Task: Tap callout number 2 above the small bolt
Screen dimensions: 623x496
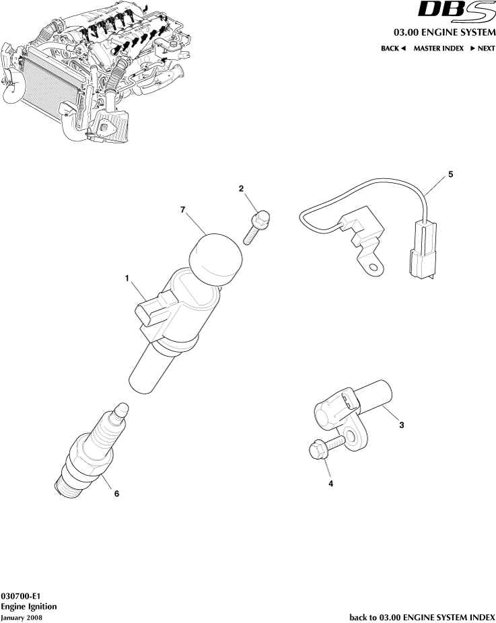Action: (242, 189)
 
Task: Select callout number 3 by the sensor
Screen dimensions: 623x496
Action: (402, 425)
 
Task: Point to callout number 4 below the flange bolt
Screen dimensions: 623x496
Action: (330, 482)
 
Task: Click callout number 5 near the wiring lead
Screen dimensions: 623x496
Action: (450, 174)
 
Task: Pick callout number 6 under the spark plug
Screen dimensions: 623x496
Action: (116, 493)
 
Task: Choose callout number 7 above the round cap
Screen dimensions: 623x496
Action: (182, 211)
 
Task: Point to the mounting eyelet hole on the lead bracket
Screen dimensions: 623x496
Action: (372, 269)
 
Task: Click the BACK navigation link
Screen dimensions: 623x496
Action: (393, 48)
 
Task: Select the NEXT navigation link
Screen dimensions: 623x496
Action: (482, 48)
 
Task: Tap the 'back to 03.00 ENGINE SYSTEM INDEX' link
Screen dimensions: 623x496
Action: (422, 616)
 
